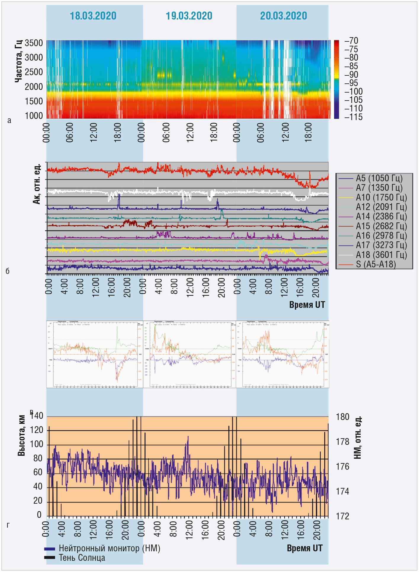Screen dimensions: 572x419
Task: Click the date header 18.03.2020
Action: point(93,16)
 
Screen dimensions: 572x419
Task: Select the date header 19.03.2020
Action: point(189,16)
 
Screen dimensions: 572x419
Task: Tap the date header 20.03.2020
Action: point(283,16)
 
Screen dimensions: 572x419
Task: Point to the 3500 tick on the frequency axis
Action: point(34,43)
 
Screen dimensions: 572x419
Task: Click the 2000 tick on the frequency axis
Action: point(34,87)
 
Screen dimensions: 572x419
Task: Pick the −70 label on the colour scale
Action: point(351,41)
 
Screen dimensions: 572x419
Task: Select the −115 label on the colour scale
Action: point(353,117)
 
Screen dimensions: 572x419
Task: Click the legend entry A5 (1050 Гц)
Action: point(379,178)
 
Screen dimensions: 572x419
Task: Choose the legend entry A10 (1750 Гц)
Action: point(381,198)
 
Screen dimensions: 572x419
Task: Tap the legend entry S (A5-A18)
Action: point(376,264)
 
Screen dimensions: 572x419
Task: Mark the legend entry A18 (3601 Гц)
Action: point(381,255)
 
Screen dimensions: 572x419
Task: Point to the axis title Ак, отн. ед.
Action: point(36,183)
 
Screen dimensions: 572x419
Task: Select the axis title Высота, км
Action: point(21,436)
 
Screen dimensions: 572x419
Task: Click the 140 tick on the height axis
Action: point(37,416)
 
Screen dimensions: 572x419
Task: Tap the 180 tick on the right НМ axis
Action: point(343,417)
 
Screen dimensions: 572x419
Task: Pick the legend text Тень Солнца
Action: point(82,558)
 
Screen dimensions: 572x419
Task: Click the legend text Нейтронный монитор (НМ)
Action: point(109,548)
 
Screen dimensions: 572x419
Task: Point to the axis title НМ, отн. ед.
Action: point(358,438)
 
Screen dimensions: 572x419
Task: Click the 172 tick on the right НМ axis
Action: point(343,516)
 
